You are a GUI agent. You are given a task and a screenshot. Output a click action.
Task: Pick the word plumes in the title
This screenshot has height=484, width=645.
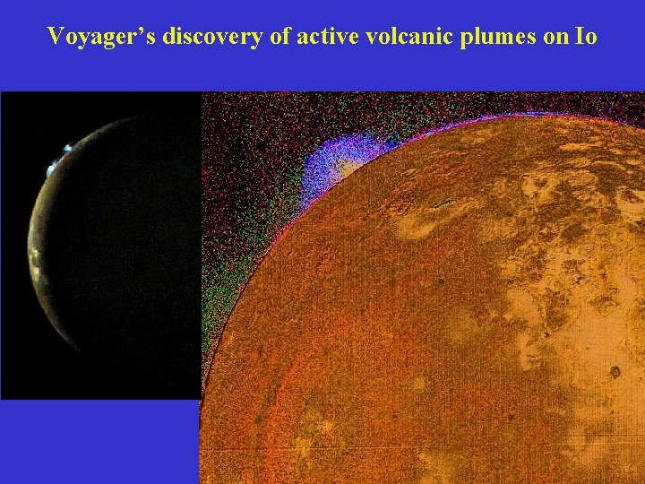[477, 37]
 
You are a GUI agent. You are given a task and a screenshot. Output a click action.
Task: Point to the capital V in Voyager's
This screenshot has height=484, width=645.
[56, 37]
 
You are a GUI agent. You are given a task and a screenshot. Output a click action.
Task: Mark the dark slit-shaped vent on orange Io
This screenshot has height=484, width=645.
[441, 204]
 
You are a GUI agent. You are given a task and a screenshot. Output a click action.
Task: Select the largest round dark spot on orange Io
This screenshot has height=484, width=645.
[615, 371]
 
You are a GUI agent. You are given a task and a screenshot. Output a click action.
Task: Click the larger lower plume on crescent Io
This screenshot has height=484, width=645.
[52, 165]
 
